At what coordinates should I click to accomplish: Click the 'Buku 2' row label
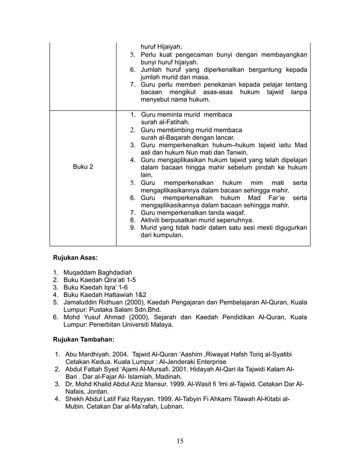(84, 168)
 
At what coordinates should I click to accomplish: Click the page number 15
(179, 440)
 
